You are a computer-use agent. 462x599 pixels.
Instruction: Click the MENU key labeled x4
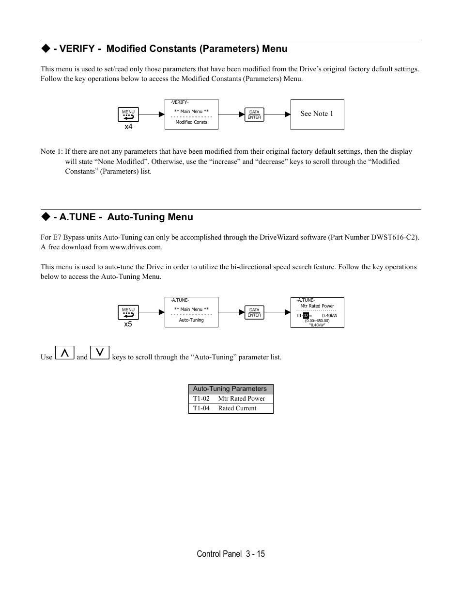(x=128, y=114)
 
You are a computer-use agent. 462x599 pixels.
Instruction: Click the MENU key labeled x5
(x=128, y=312)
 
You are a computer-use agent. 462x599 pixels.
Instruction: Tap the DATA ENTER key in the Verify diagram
(x=254, y=114)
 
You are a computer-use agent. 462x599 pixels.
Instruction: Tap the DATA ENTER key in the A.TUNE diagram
(x=254, y=312)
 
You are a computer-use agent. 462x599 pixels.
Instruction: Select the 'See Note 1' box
(x=317, y=114)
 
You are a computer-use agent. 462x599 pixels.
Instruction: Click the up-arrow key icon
(x=64, y=353)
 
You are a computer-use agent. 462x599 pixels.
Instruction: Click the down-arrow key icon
(x=100, y=353)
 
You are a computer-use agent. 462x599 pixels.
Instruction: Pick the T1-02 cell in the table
(x=201, y=399)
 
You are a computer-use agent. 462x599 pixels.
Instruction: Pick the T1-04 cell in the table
(x=201, y=408)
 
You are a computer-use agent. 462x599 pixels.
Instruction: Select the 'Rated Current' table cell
(x=237, y=408)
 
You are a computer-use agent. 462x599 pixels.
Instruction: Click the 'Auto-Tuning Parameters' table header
(x=230, y=389)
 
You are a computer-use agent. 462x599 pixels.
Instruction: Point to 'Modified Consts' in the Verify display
(x=191, y=122)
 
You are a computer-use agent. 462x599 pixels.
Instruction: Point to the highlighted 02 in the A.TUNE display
(x=306, y=316)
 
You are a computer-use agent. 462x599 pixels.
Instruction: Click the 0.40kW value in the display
(x=329, y=316)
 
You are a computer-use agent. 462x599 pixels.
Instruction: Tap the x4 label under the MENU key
(x=128, y=127)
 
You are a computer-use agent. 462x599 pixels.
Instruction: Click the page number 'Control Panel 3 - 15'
(x=231, y=554)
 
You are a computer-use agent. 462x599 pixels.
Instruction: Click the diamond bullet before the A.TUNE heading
(x=46, y=217)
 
